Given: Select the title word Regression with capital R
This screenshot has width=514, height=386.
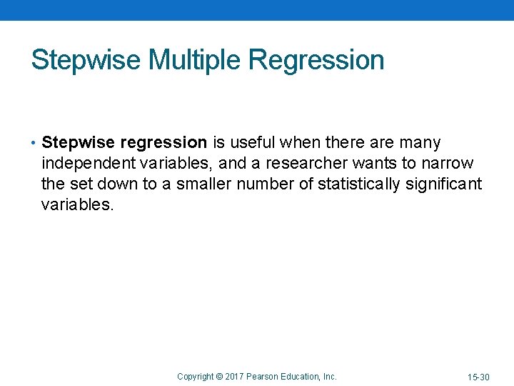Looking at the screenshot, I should (316, 60).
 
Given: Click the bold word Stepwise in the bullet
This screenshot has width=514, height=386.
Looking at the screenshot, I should (73, 143).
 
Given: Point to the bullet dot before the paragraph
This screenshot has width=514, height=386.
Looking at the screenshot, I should (34, 143).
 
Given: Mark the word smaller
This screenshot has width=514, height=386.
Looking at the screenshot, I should (204, 184).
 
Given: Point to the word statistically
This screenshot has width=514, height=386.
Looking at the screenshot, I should (359, 184).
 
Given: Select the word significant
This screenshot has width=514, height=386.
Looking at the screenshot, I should (444, 184).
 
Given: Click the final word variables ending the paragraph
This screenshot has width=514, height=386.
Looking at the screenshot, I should (76, 204).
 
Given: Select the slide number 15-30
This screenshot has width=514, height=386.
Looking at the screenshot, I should (478, 377).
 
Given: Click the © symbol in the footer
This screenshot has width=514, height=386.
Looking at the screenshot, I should (219, 376).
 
